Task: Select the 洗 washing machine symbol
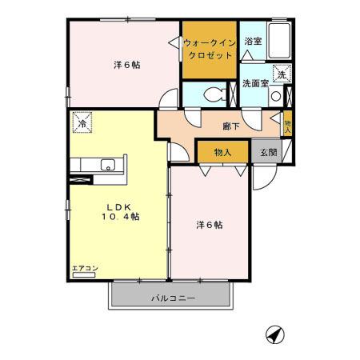tap(281, 75)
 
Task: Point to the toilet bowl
tap(214, 94)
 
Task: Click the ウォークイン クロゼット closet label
tap(208, 49)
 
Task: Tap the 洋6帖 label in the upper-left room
tap(126, 65)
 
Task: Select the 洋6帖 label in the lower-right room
tap(210, 225)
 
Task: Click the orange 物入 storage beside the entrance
tap(223, 152)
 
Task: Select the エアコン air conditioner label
tap(83, 269)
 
